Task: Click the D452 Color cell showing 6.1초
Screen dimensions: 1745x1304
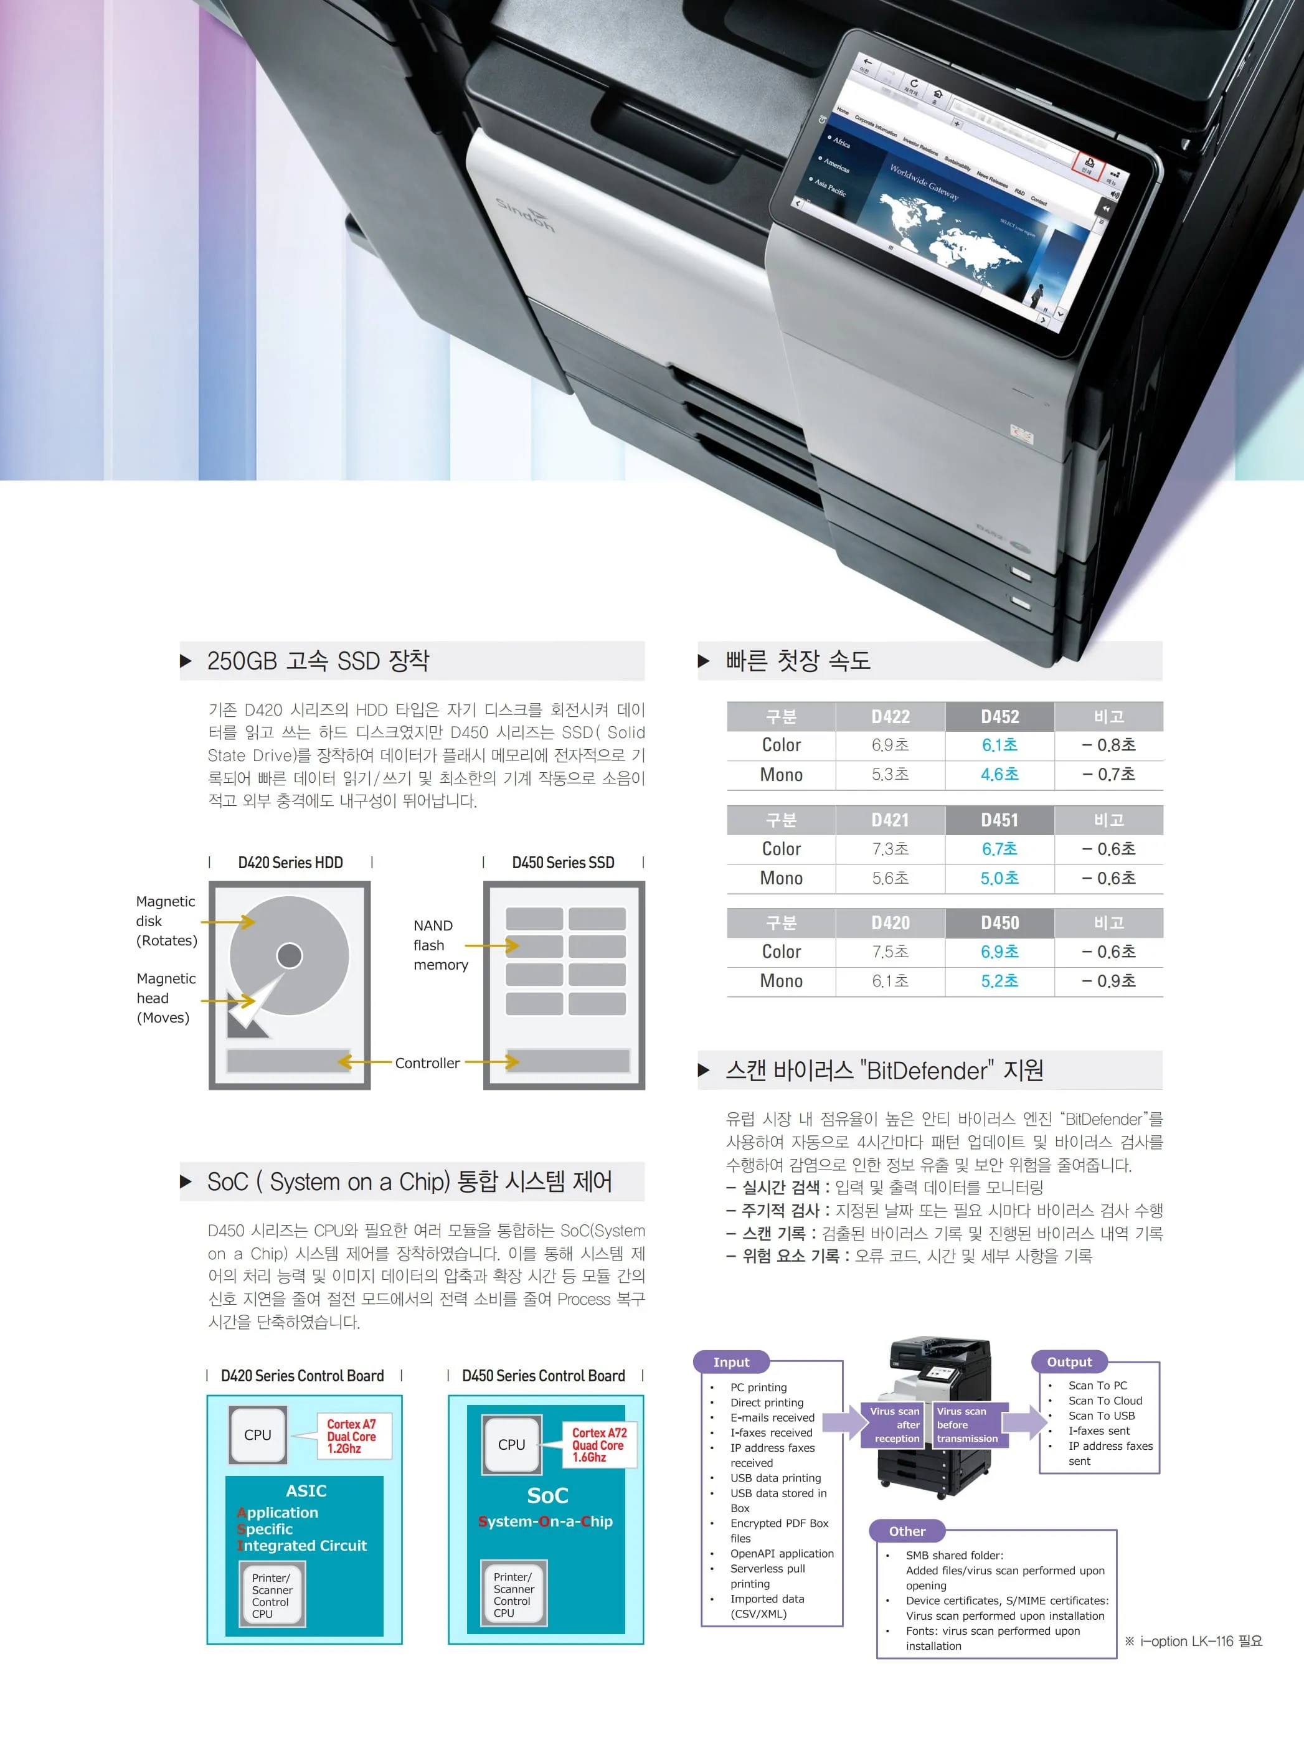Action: tap(999, 745)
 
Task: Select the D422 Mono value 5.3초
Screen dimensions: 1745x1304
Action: tap(890, 775)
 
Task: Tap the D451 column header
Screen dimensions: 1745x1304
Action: tap(999, 820)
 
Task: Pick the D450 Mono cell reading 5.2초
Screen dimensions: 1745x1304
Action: tap(999, 981)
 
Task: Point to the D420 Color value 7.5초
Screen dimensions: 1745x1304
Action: tap(890, 952)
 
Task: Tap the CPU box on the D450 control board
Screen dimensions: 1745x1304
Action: tap(511, 1444)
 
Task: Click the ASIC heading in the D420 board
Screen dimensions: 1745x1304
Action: tap(306, 1491)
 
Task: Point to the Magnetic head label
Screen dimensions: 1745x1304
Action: tap(165, 998)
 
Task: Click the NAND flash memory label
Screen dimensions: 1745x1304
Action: tap(440, 945)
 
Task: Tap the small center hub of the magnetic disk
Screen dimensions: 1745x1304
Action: tap(290, 955)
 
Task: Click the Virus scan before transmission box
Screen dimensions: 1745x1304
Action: tap(966, 1425)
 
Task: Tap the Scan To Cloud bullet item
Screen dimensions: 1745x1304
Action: tap(1105, 1401)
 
